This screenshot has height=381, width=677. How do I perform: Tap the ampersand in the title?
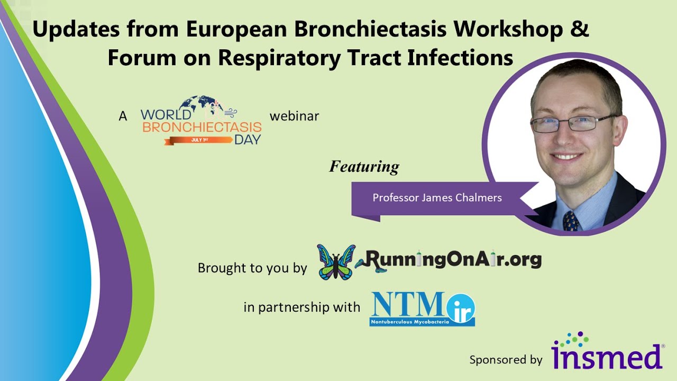[580, 30]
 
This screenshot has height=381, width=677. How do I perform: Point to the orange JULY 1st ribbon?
[198, 140]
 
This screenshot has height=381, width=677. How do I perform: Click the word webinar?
[294, 115]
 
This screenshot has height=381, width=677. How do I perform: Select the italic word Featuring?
[364, 167]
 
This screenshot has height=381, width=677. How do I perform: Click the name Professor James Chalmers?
[437, 197]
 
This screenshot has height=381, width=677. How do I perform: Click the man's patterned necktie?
[571, 220]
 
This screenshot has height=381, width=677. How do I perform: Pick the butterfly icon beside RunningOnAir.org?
[336, 261]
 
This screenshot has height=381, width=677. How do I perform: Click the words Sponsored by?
[506, 360]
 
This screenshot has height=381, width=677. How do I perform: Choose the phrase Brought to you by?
[252, 268]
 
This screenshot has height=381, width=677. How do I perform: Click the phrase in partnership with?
[301, 306]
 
